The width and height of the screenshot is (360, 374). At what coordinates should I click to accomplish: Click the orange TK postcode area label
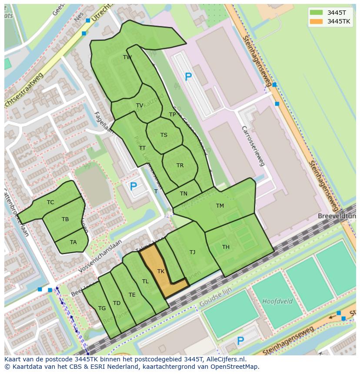click(161, 271)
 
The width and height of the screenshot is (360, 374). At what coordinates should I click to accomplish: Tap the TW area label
click(127, 57)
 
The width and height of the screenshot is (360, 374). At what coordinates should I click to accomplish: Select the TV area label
click(140, 106)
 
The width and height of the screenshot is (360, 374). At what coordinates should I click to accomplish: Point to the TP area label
click(173, 115)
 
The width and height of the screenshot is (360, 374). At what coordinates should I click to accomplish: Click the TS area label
click(164, 135)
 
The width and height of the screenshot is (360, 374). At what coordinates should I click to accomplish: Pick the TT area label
click(142, 148)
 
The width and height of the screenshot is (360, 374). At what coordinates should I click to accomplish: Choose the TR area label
click(180, 165)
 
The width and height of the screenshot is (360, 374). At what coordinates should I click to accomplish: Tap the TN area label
click(184, 194)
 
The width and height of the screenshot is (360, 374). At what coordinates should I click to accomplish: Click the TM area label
click(220, 206)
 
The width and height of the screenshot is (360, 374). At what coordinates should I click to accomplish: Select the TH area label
click(226, 247)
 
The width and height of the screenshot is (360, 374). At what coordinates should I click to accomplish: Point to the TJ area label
click(192, 252)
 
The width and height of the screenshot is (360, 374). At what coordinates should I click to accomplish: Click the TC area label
click(50, 202)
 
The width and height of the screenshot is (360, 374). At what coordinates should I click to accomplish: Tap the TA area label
click(73, 242)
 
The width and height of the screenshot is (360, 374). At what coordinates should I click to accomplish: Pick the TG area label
click(102, 308)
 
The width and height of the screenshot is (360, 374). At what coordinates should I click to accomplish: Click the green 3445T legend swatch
click(317, 12)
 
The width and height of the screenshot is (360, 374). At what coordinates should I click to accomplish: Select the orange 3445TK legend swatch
click(317, 21)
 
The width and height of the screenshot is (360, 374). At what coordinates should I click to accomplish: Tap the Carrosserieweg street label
click(253, 146)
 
